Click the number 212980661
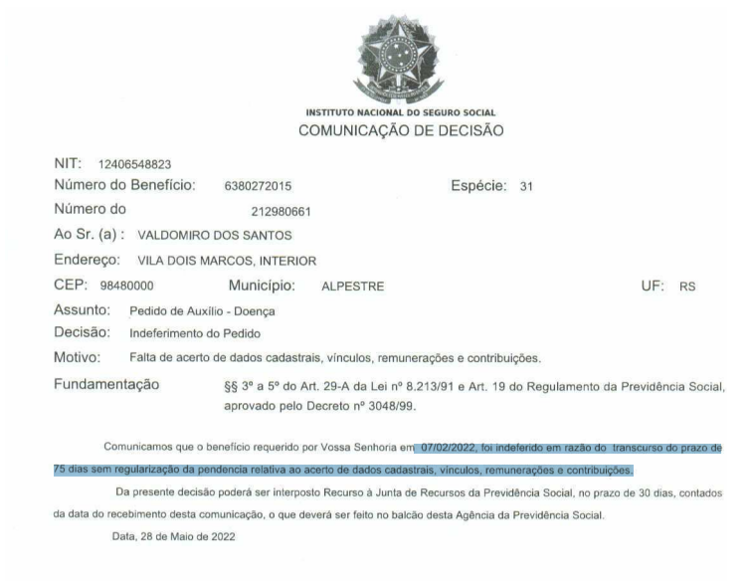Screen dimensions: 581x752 pyautogui.click(x=282, y=210)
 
